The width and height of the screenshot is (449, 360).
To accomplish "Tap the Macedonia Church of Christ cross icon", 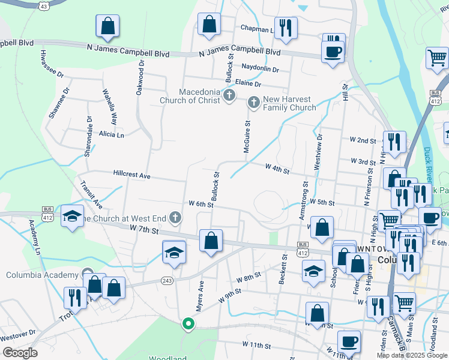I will [x=229, y=95].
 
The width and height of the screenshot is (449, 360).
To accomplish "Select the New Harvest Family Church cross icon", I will [x=253, y=103].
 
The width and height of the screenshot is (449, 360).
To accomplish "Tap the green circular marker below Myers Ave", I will [x=188, y=325].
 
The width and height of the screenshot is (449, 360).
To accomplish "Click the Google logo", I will [x=19, y=353].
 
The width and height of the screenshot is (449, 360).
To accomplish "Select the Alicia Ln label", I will [x=111, y=135].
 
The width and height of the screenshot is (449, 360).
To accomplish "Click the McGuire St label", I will [x=247, y=136].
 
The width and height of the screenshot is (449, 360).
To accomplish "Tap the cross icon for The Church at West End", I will [x=175, y=217].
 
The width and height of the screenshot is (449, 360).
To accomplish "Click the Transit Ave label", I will [x=92, y=194].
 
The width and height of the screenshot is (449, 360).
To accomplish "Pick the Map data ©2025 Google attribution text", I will [x=412, y=355].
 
